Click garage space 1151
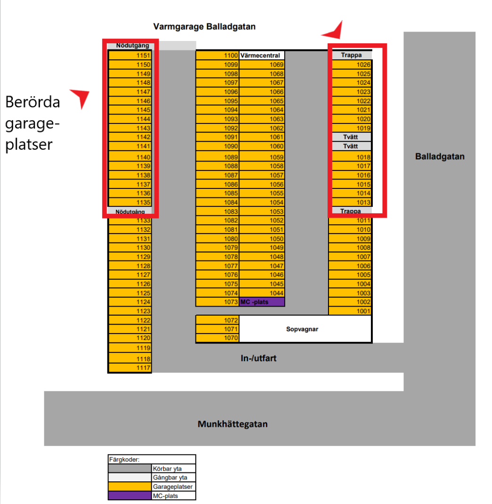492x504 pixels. coord(130,55)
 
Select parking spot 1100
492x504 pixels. coord(217,56)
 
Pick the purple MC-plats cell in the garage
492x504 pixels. coord(262,302)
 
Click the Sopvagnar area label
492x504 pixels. coord(302,329)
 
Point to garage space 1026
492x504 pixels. coord(351,65)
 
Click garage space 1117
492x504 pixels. coord(130,368)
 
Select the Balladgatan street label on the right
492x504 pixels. coord(440,156)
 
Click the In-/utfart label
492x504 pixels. coord(258,358)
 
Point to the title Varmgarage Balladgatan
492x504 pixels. coord(205,27)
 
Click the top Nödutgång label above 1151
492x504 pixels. coord(132,46)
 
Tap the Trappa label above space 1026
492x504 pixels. coord(351,56)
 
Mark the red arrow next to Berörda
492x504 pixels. coord(80,97)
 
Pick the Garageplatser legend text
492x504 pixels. coord(172,487)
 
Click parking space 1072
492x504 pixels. coord(217,320)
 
